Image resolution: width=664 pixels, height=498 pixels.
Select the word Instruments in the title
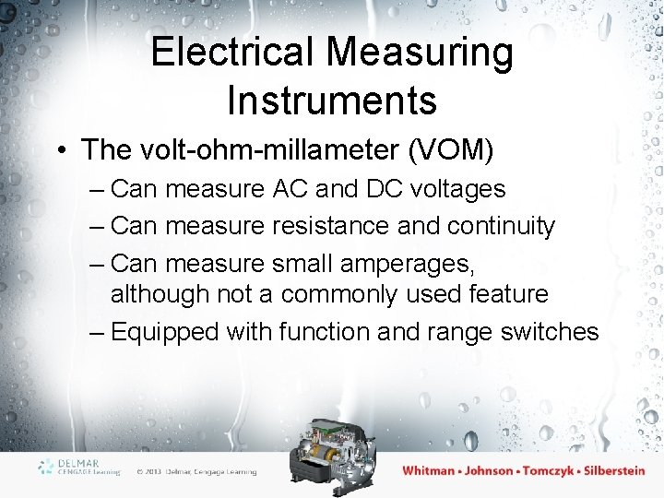point(332,101)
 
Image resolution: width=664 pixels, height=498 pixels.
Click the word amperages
point(407,264)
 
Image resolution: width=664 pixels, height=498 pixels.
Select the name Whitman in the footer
point(429,470)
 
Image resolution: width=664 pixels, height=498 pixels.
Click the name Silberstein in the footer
point(608,470)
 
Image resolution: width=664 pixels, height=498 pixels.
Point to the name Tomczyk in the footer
point(549,470)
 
